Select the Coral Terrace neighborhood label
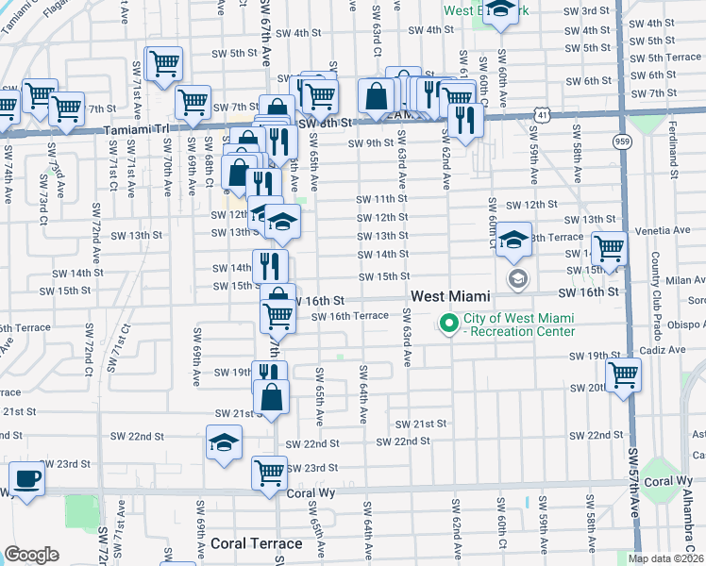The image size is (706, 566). (x=256, y=543)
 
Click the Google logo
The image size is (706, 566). (x=32, y=555)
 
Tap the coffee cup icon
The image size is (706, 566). (x=25, y=479)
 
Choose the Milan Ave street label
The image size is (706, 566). (x=680, y=281)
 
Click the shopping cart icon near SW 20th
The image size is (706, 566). (x=623, y=374)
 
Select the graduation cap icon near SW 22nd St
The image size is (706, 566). (x=225, y=441)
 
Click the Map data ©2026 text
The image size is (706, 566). (x=665, y=558)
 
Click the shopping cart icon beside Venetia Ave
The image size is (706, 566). (x=610, y=249)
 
